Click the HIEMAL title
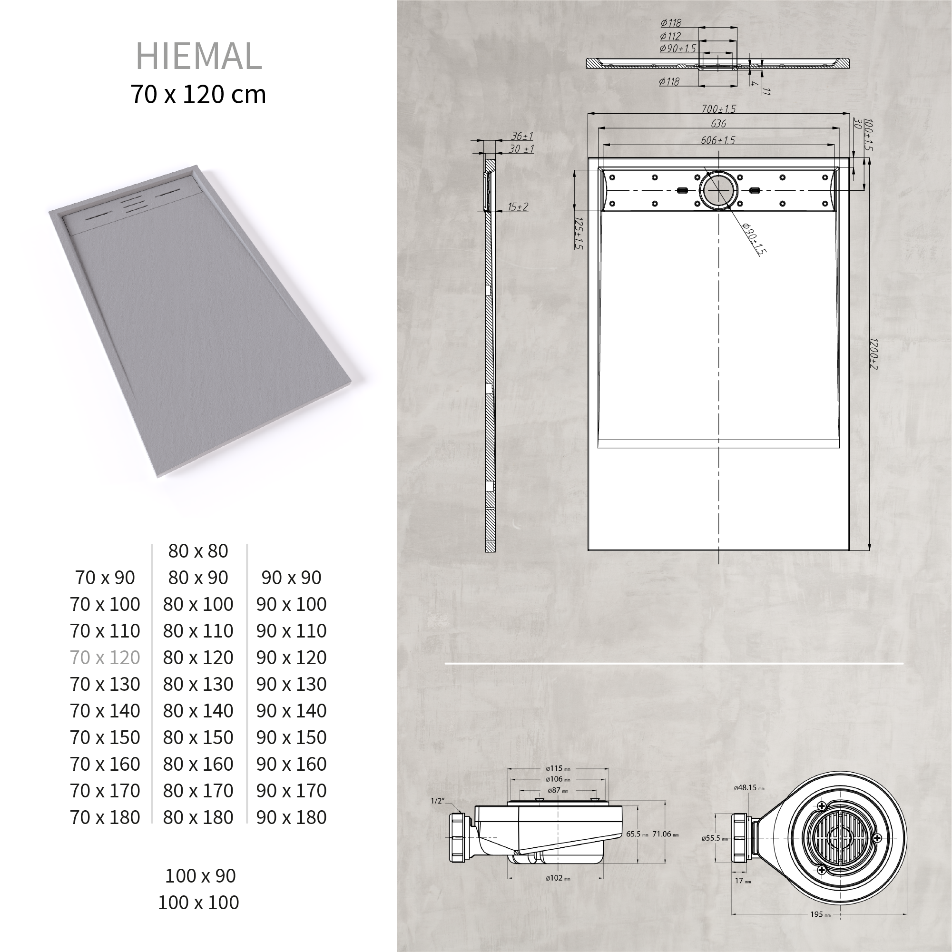click(198, 56)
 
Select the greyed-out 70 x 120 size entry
click(105, 658)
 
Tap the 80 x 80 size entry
click(198, 551)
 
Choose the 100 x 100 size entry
click(198, 902)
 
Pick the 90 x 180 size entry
click(291, 817)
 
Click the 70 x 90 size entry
click(105, 578)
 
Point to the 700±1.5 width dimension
click(718, 109)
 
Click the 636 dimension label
click(718, 124)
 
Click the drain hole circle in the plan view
click(719, 191)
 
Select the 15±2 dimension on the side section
click(518, 206)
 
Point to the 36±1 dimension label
click(521, 136)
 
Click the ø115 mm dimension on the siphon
click(558, 768)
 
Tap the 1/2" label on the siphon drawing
click(437, 801)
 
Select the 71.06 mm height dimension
click(665, 834)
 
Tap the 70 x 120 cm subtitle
click(198, 94)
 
